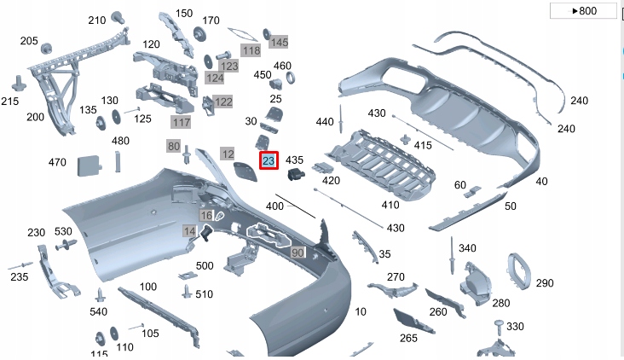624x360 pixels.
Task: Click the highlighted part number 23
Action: click(269, 160)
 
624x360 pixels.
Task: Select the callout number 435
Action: click(294, 160)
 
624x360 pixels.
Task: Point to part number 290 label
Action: click(545, 283)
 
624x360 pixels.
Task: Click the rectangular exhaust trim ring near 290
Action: click(516, 271)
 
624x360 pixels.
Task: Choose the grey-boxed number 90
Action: click(298, 253)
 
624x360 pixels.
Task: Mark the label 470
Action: click(57, 162)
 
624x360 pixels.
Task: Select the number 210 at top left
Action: click(97, 20)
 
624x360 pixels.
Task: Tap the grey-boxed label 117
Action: click(181, 123)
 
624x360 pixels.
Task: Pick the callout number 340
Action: click(467, 248)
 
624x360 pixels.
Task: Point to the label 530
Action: click(63, 231)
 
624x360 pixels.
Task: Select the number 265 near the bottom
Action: click(408, 339)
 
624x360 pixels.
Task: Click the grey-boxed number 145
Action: click(279, 42)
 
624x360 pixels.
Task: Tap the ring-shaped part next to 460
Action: click(290, 79)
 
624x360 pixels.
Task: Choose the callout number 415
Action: click(423, 146)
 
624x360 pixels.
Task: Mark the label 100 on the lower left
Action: click(148, 287)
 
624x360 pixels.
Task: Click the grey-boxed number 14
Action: click(189, 231)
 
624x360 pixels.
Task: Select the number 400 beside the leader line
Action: click(274, 207)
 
